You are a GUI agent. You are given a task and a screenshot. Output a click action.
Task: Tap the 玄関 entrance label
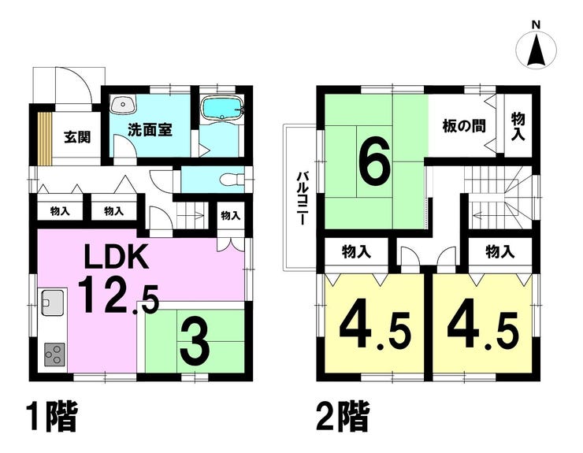pos(77,137)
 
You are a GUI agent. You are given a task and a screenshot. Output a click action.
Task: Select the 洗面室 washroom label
pos(150,130)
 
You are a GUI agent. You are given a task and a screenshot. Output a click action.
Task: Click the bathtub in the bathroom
pos(221,108)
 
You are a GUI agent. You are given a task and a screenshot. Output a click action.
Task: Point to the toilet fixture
pos(232,180)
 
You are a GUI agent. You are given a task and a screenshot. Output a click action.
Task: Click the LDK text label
pos(117,256)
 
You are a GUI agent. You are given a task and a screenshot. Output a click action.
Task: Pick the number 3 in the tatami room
pos(195,345)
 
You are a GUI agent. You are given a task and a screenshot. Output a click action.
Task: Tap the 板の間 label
pos(464,126)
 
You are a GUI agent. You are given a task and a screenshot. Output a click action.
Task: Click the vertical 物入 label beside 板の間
pos(518,127)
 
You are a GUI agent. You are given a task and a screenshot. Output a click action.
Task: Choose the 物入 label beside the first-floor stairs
pos(231,215)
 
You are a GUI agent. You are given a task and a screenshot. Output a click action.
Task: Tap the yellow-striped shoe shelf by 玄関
pos(45,138)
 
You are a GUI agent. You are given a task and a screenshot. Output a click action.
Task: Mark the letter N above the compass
pos(536,25)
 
